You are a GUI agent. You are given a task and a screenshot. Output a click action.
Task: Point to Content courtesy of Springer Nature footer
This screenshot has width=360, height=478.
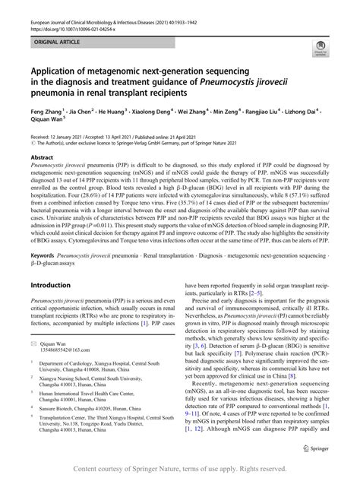pyautogui.click(x=179, y=469)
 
